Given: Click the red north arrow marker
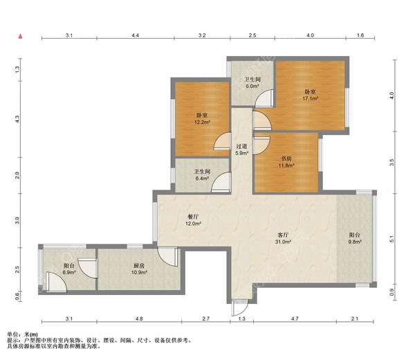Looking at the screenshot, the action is [x=20, y=36].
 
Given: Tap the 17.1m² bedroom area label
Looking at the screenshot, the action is [x=310, y=95].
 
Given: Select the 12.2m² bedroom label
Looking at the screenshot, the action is [x=202, y=118].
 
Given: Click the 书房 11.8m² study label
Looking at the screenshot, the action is [x=286, y=162].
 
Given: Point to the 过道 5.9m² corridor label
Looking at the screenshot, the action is [x=241, y=150].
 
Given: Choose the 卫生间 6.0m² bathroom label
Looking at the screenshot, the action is [x=252, y=82].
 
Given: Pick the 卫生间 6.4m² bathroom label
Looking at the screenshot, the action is [x=202, y=175].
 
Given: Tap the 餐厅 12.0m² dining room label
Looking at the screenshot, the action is [x=193, y=220].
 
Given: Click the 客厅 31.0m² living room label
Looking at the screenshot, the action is [x=283, y=238].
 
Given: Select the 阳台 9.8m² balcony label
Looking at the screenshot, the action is [x=355, y=238].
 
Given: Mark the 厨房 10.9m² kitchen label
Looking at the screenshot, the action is [x=139, y=269].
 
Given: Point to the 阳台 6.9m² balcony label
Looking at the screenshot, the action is [x=69, y=269].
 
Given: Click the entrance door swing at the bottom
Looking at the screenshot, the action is [x=240, y=308].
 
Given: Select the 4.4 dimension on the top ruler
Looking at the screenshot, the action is [x=136, y=35].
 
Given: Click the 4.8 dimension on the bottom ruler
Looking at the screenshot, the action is [x=139, y=318].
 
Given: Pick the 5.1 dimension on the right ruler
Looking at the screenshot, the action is [x=392, y=239].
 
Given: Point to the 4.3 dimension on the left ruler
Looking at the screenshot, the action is [x=17, y=119].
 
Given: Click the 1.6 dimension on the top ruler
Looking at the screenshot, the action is [x=360, y=35].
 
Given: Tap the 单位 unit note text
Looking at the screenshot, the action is [x=23, y=335].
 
